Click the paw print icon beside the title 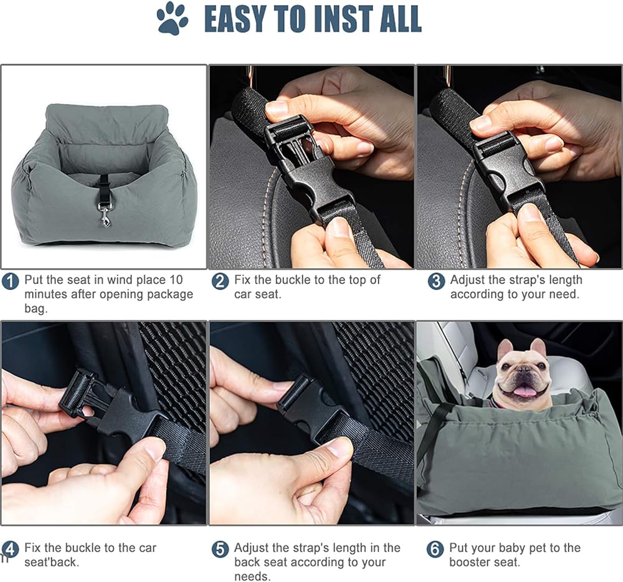[x=173, y=19]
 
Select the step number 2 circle [x=220, y=282]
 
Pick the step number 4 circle [x=11, y=550]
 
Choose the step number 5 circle [x=220, y=550]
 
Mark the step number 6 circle [x=435, y=550]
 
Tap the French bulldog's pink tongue [x=523, y=391]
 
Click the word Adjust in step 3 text [x=467, y=280]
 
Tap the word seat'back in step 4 [x=52, y=562]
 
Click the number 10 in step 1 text [x=176, y=280]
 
